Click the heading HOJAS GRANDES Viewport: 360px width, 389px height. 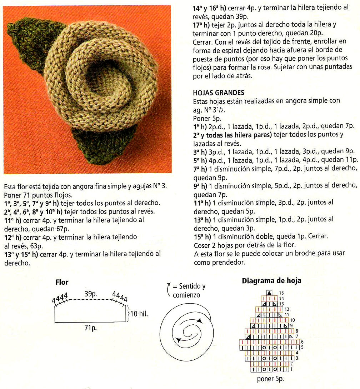pos(219,93)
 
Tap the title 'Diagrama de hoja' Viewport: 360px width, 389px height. pos(271,281)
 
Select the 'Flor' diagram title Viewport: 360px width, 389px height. pos(62,282)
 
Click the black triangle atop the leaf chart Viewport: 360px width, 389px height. pos(270,293)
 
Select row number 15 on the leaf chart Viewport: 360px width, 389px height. pos(281,293)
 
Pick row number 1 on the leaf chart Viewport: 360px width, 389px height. pos(291,369)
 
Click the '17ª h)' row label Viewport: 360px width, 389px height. pos(201,25)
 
